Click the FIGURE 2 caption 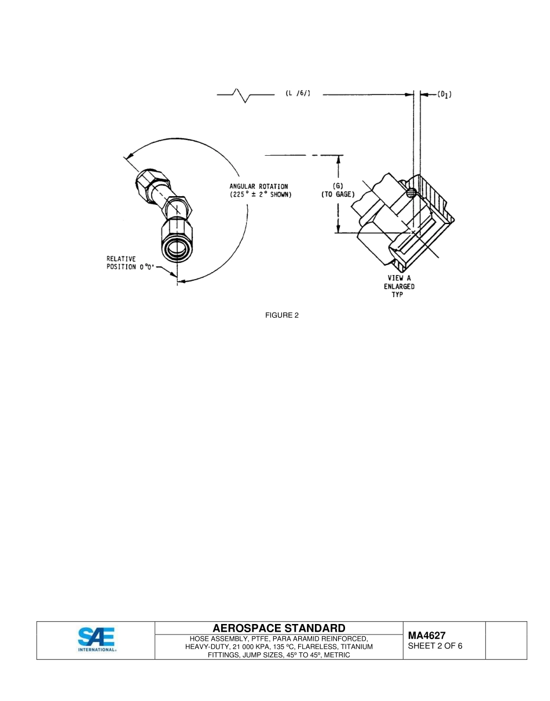click(x=282, y=315)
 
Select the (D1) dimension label click(x=444, y=94)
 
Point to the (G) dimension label click(x=338, y=186)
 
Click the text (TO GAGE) click(x=338, y=194)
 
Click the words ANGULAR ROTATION click(x=259, y=186)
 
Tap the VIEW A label click(x=399, y=278)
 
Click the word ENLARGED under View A click(x=399, y=287)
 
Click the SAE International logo click(x=97, y=640)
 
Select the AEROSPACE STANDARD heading click(x=279, y=628)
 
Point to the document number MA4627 click(x=427, y=636)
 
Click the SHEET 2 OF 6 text click(x=435, y=646)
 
